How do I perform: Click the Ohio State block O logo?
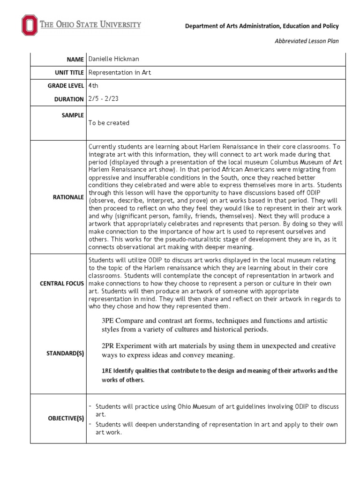[x=29, y=25]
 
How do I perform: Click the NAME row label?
[x=75, y=60]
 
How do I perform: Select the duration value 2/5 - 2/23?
[x=104, y=99]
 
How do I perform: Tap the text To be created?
[x=108, y=123]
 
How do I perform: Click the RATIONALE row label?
[x=68, y=197]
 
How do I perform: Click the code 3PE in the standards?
[x=108, y=320]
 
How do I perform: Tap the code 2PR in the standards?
[x=109, y=346]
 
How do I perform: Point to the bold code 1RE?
[x=106, y=371]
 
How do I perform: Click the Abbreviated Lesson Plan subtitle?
[x=306, y=41]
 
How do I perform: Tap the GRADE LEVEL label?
[x=67, y=86]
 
